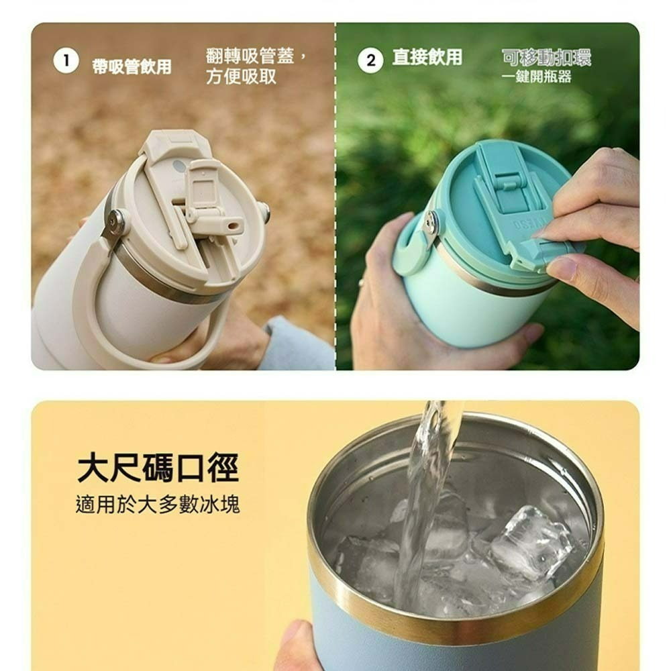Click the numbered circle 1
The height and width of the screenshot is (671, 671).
[x=66, y=61]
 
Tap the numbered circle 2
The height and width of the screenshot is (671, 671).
[x=370, y=60]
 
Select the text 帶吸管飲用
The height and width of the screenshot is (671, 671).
[x=132, y=66]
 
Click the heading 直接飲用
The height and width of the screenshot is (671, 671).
[x=427, y=57]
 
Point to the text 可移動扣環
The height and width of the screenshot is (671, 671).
[x=546, y=58]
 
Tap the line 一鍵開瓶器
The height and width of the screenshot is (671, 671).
[x=537, y=76]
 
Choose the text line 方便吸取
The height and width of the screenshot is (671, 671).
[x=241, y=76]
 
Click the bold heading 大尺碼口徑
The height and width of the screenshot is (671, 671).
[x=158, y=468]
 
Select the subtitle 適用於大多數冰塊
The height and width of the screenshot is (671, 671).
[x=158, y=505]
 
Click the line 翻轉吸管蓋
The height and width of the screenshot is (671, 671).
[x=256, y=56]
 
